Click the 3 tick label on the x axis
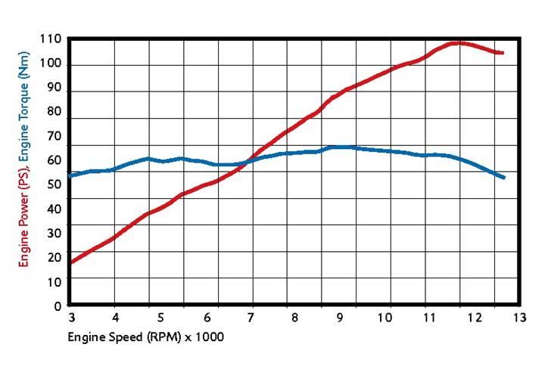[71, 318]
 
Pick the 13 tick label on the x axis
[518, 318]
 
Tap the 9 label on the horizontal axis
[341, 318]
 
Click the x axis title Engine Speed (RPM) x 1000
[146, 335]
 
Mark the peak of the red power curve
[459, 42]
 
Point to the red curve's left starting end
[70, 262]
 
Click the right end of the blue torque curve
[503, 178]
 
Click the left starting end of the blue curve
[70, 175]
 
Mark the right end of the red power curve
[503, 53]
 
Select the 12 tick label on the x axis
[474, 318]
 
